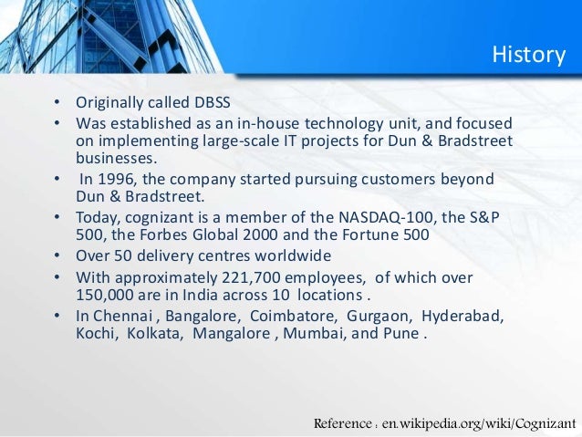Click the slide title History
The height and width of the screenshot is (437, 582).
point(528,55)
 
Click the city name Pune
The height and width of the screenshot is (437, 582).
point(404,334)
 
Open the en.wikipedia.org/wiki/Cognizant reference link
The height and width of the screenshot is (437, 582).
point(479,424)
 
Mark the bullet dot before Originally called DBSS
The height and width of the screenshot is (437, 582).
point(56,103)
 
